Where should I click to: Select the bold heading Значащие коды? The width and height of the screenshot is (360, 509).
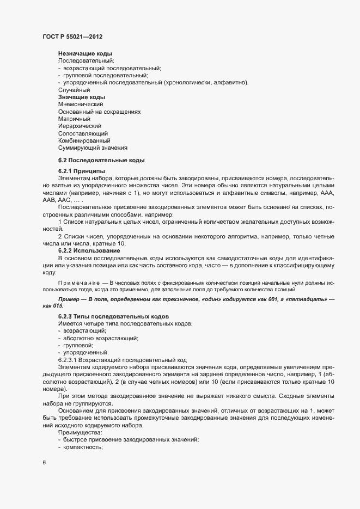(82, 97)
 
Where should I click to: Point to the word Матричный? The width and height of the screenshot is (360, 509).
(74, 119)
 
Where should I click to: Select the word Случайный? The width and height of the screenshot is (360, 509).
(74, 90)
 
